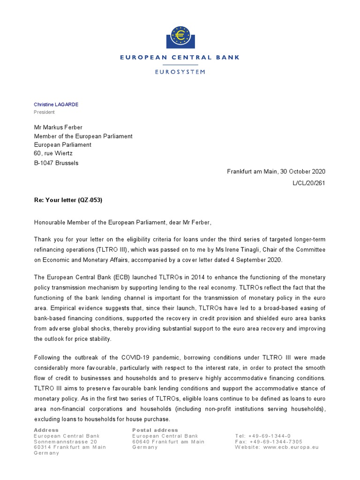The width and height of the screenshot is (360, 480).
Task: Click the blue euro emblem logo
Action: pyautogui.click(x=180, y=35)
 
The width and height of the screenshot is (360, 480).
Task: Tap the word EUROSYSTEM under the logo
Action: pyautogui.click(x=180, y=72)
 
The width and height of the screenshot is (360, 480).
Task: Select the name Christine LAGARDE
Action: pyautogui.click(x=56, y=104)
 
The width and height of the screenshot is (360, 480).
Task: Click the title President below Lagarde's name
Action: pyautogui.click(x=44, y=112)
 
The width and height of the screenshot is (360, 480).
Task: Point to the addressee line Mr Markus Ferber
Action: pyautogui.click(x=61, y=127)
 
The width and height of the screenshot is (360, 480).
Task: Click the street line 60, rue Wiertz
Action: pyautogui.click(x=54, y=153)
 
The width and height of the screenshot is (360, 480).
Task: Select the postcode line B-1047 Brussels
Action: pyautogui.click(x=57, y=163)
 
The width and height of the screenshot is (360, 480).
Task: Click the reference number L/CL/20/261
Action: pyautogui.click(x=308, y=183)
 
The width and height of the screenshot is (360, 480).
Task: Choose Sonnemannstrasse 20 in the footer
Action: pyautogui.click(x=66, y=442)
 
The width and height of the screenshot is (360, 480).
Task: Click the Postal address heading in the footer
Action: pyautogui.click(x=155, y=430)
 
